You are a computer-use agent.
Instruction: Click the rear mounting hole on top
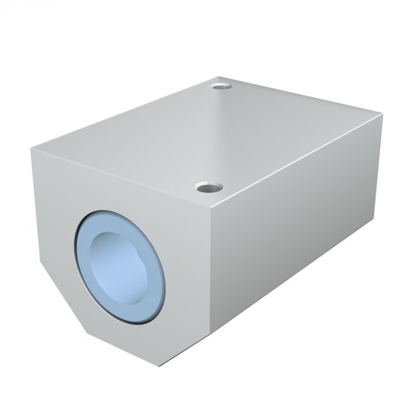tap(221, 86)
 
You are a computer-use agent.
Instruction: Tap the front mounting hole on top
tap(206, 186)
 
